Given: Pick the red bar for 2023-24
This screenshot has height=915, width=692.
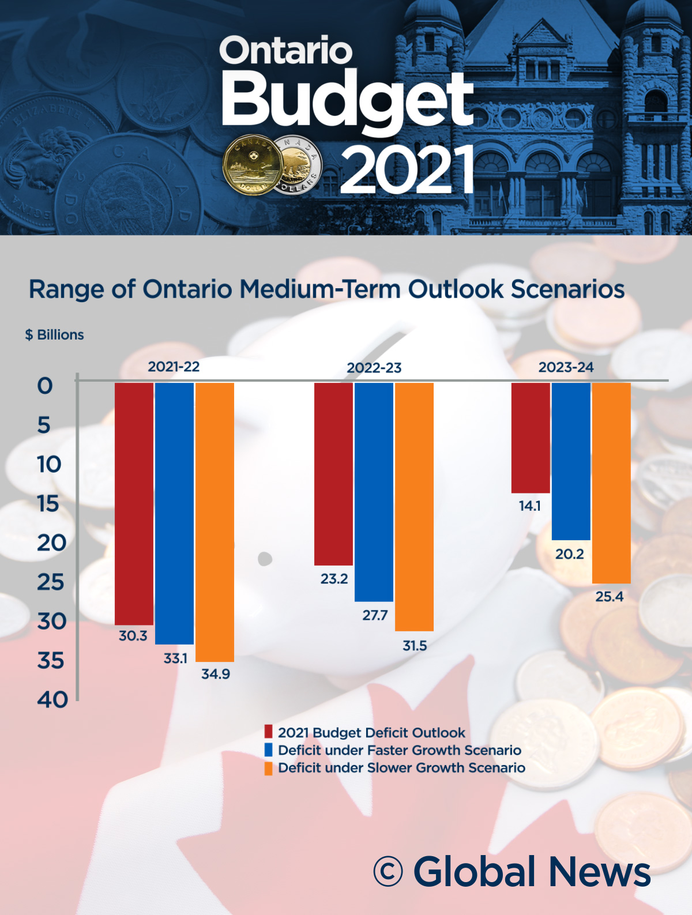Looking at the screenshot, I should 531,438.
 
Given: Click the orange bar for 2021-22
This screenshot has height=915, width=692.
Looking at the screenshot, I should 215,522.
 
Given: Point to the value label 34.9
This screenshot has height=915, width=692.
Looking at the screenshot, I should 216,673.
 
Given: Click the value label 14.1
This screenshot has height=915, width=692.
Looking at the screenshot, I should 530,506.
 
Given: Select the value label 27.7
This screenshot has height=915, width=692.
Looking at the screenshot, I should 375,615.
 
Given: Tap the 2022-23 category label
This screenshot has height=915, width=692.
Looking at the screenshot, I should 374,368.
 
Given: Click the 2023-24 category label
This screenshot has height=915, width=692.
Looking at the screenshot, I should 566,367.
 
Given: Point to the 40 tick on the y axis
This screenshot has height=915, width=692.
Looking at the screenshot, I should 52,699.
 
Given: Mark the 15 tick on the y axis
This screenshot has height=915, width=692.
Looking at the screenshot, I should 49,504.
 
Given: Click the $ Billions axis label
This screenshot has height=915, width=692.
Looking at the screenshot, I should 55,335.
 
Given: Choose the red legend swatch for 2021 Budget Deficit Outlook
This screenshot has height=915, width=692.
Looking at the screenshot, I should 268,732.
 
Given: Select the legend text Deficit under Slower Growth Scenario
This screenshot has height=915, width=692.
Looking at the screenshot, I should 401,768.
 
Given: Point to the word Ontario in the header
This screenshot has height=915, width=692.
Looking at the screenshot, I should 285,51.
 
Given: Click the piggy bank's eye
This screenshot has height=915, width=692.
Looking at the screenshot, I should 265,558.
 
